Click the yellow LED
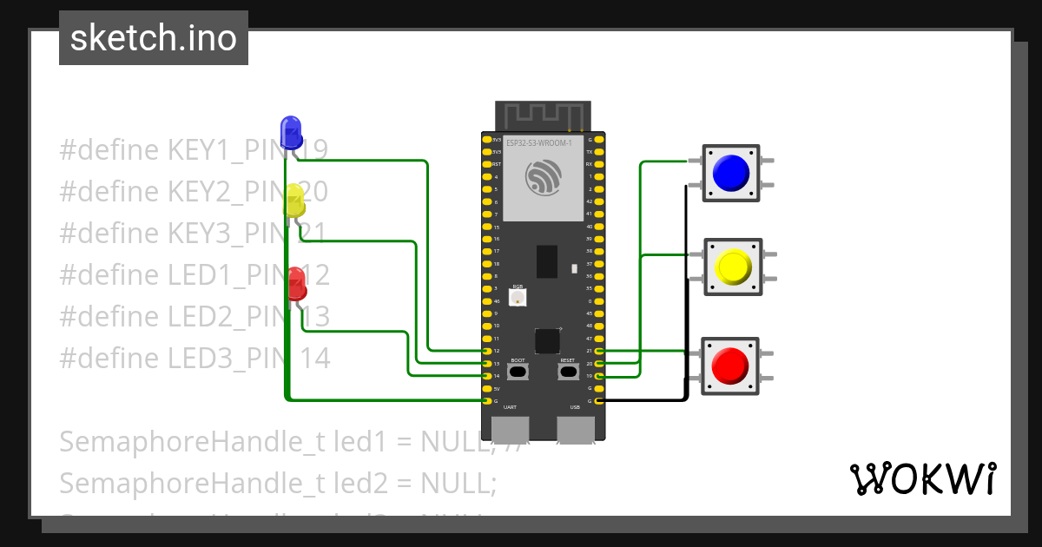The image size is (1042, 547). pyautogui.click(x=293, y=201)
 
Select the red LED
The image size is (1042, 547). pyautogui.click(x=296, y=283)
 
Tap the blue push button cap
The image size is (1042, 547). pyautogui.click(x=731, y=173)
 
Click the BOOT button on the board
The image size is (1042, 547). pyautogui.click(x=518, y=372)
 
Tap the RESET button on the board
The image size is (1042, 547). pyautogui.click(x=568, y=372)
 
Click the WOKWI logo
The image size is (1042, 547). pyautogui.click(x=922, y=478)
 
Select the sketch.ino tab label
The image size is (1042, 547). pyautogui.click(x=153, y=38)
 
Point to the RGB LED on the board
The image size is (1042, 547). pyautogui.click(x=518, y=298)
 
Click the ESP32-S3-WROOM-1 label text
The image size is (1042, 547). pyautogui.click(x=539, y=142)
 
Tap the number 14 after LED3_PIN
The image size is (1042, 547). pyautogui.click(x=314, y=358)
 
